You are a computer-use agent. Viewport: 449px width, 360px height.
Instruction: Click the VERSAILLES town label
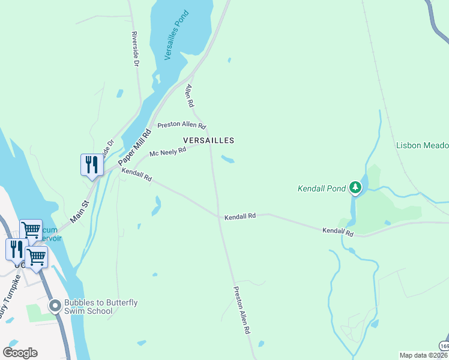208,140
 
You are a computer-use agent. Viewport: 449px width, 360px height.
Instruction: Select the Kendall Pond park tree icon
356,188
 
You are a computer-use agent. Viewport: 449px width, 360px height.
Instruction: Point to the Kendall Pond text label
322,188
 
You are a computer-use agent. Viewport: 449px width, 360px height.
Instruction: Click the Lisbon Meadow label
422,145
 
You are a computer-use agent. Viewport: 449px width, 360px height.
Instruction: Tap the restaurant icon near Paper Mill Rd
92,165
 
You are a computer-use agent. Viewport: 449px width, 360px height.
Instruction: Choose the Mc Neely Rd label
168,152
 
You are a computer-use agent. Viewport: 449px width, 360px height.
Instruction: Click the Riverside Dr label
135,49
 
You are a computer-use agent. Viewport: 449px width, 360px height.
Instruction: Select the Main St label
79,212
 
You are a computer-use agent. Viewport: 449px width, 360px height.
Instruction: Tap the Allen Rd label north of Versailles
190,96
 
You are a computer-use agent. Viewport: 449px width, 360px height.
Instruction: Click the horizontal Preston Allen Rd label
181,126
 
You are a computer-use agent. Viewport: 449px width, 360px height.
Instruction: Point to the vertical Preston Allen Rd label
242,310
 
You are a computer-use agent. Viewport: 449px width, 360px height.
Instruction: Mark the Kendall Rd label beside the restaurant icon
137,175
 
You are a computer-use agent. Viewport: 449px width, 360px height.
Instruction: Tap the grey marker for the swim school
55,306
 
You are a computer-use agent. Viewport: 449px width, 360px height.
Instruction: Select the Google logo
20,353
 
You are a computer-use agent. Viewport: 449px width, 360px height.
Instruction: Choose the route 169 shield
444,347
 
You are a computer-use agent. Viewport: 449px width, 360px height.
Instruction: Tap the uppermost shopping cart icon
31,230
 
